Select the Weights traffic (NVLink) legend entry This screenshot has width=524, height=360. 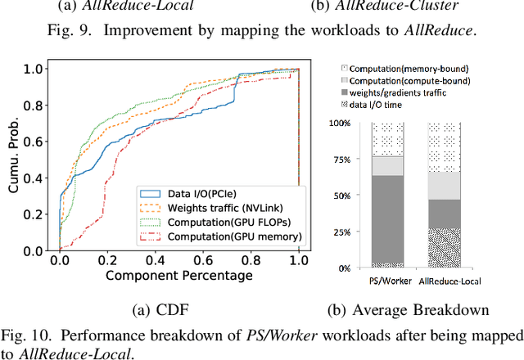click(x=219, y=208)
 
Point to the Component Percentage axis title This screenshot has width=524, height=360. click(x=178, y=276)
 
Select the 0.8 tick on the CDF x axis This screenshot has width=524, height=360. click(x=251, y=260)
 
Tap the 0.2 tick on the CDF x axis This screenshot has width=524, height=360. click(x=107, y=260)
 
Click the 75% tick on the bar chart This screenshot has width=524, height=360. click(x=344, y=159)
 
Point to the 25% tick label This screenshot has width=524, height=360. click(x=344, y=232)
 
